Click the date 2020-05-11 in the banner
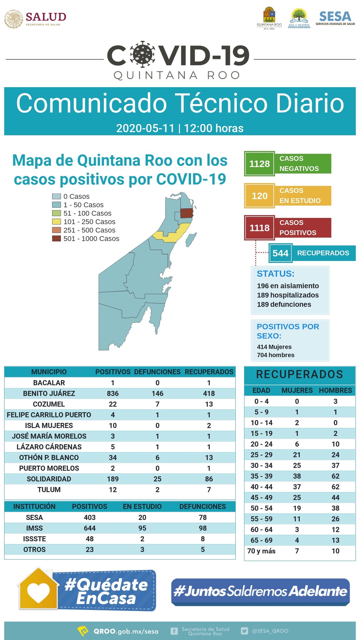[145, 128]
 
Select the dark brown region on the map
[187, 213]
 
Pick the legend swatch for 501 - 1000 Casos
[56, 239]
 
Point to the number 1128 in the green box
[259, 164]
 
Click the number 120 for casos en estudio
[259, 196]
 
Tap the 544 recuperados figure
[280, 253]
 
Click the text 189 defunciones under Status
[284, 304]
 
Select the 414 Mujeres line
[274, 347]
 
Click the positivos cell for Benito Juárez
[112, 393]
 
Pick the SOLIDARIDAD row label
[49, 479]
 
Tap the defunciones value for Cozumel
[157, 404]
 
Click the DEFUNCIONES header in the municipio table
[157, 372]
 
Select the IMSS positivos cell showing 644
[89, 528]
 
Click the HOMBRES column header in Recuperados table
[335, 390]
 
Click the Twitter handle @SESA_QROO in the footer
[270, 631]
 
